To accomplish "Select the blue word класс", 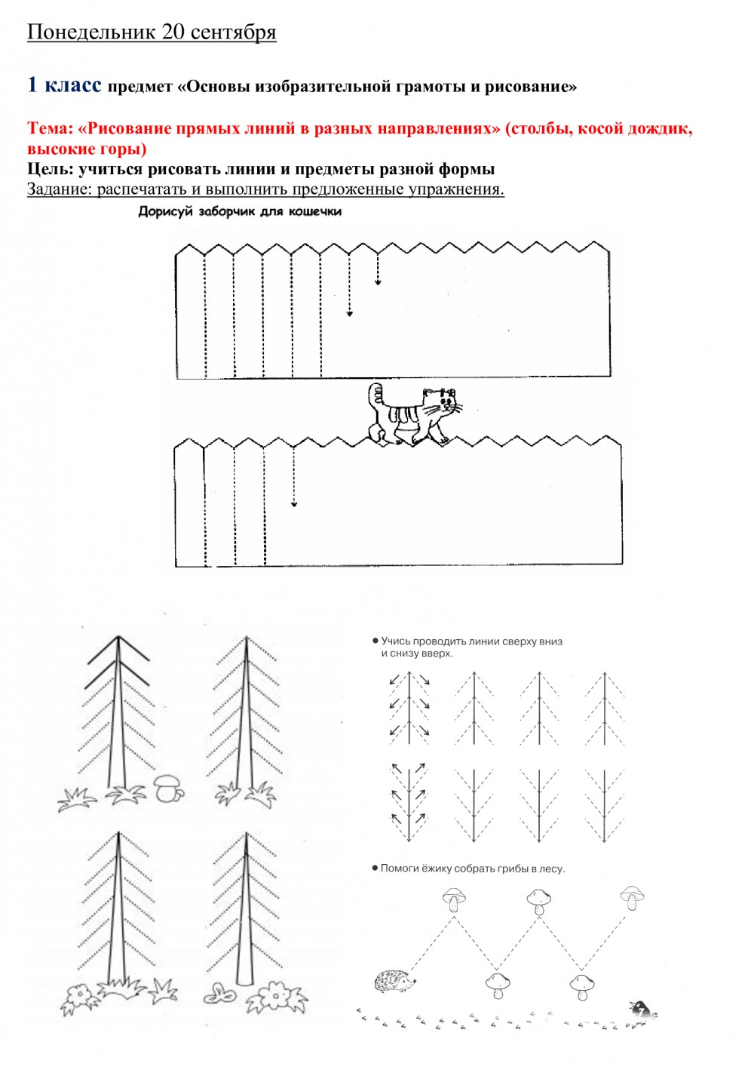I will tap(72, 85).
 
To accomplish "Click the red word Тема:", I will tap(49, 128).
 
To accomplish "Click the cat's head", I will tap(440, 401).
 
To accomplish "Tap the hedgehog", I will tap(393, 981).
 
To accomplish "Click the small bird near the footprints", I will tap(641, 1009).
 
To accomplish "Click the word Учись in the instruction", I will tap(395, 641).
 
